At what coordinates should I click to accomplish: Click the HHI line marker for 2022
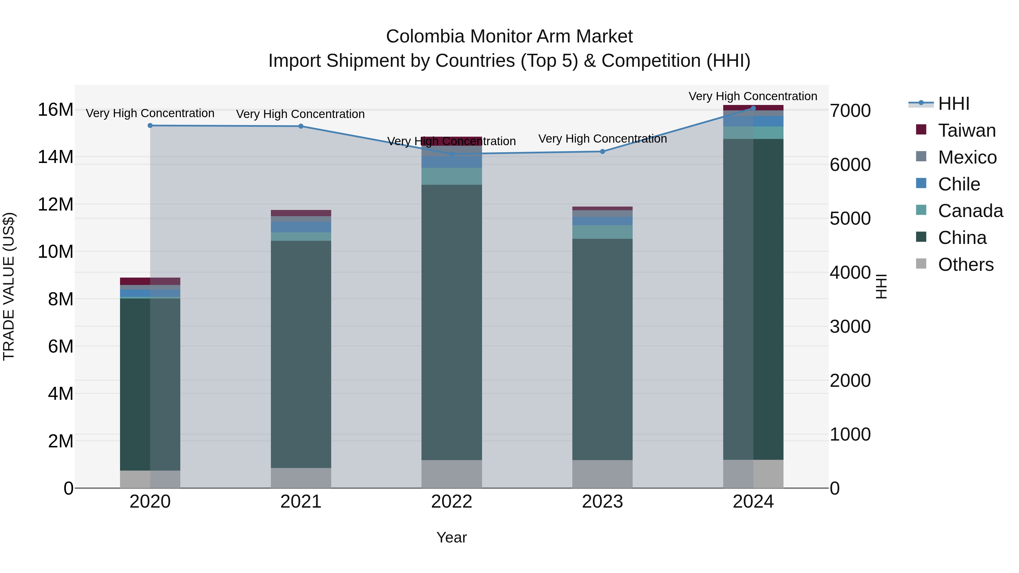click(451, 154)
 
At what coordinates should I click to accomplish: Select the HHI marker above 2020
click(150, 126)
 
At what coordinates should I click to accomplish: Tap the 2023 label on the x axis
click(602, 502)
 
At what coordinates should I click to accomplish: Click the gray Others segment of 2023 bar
click(602, 474)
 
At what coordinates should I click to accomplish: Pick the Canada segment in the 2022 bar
click(451, 176)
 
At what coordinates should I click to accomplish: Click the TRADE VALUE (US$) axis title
click(9, 286)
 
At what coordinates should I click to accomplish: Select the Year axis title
click(451, 537)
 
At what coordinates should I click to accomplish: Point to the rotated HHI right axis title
click(881, 286)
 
